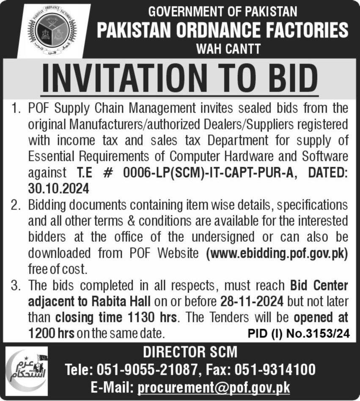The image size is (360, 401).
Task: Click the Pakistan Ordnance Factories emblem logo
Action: tap(53, 30)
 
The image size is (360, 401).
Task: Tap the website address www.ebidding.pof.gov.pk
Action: tap(277, 254)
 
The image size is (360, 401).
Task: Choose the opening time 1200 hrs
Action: tap(51, 333)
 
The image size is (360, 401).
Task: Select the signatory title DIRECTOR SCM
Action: tap(190, 352)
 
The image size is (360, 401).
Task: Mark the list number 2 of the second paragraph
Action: tap(16, 205)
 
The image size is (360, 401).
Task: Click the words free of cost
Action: tap(57, 269)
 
